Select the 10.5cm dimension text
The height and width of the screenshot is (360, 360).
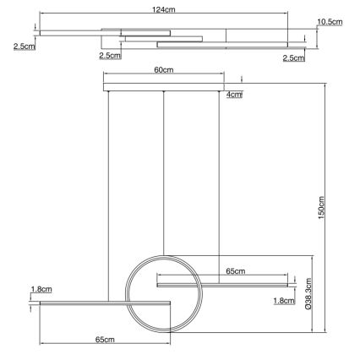pos(330,22)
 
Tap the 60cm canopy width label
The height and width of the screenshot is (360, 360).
pos(163,71)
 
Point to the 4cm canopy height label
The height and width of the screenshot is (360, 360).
pos(234,95)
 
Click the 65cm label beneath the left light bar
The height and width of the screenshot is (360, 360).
pos(104,340)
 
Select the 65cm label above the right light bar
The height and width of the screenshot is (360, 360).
pos(236,271)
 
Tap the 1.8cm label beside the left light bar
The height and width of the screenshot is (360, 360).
pos(41,289)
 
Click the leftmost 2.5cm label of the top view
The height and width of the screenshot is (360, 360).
pos(25,46)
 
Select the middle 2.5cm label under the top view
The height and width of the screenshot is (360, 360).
pos(109,56)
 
